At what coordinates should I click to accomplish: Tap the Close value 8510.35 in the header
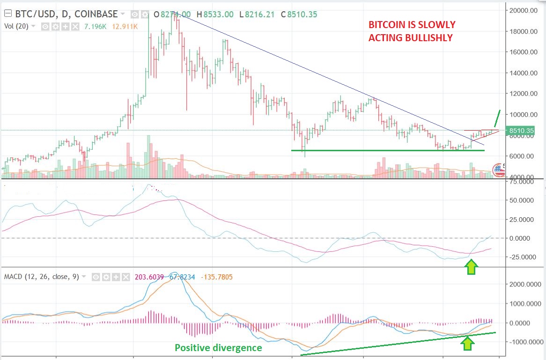coord(302,15)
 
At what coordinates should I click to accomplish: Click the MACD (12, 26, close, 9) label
coord(41,277)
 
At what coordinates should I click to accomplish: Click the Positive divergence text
coord(218,348)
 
